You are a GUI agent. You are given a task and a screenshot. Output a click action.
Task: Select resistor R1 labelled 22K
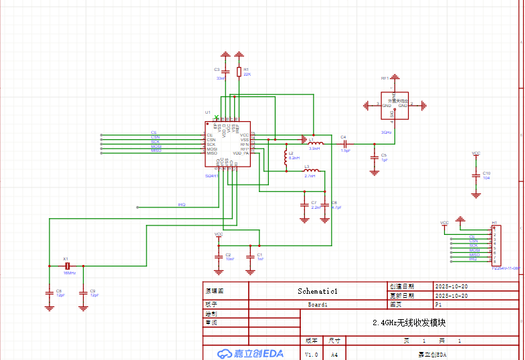pos(239,72)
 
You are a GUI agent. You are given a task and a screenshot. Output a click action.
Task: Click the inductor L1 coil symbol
pos(315,143)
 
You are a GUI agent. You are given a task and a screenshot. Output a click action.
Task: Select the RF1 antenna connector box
pos(393,105)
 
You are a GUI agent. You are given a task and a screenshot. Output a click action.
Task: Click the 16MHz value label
pos(70,273)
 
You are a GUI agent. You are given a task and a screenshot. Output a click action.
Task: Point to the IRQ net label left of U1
pos(181,205)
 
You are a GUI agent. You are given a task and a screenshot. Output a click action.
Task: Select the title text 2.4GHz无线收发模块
pos(409,323)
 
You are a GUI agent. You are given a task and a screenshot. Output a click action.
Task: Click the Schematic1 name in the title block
pos(318,291)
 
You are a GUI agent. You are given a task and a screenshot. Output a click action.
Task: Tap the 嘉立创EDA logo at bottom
pos(251,353)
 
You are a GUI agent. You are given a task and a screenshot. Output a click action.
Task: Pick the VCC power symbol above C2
pos(219,236)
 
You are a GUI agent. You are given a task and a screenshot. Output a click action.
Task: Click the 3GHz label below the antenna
pos(386,132)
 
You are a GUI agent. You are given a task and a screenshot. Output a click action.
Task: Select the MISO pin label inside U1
pos(212,153)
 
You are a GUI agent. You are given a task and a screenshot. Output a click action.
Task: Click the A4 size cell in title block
pos(335,354)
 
